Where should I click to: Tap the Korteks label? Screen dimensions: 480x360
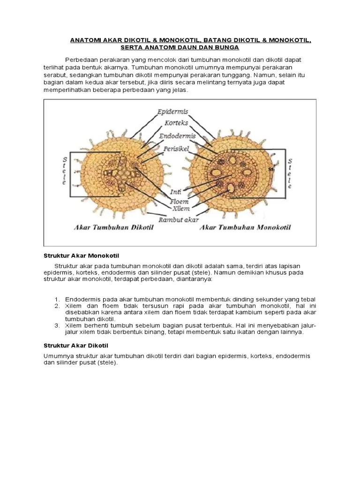coord(177,123)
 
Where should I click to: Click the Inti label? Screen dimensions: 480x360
coord(176,192)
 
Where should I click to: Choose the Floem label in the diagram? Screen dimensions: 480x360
coord(179,202)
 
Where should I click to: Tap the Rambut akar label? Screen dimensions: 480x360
coord(179,219)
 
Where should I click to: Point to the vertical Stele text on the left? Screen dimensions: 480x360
coord(64,171)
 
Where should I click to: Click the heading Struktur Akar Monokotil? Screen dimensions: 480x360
coord(82,255)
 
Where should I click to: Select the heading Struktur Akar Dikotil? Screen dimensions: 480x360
coord(75,345)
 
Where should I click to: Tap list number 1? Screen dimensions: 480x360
coord(57,300)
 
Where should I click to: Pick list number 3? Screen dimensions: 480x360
coord(57,325)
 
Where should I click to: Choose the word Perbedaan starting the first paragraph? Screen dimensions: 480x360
coord(82,60)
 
